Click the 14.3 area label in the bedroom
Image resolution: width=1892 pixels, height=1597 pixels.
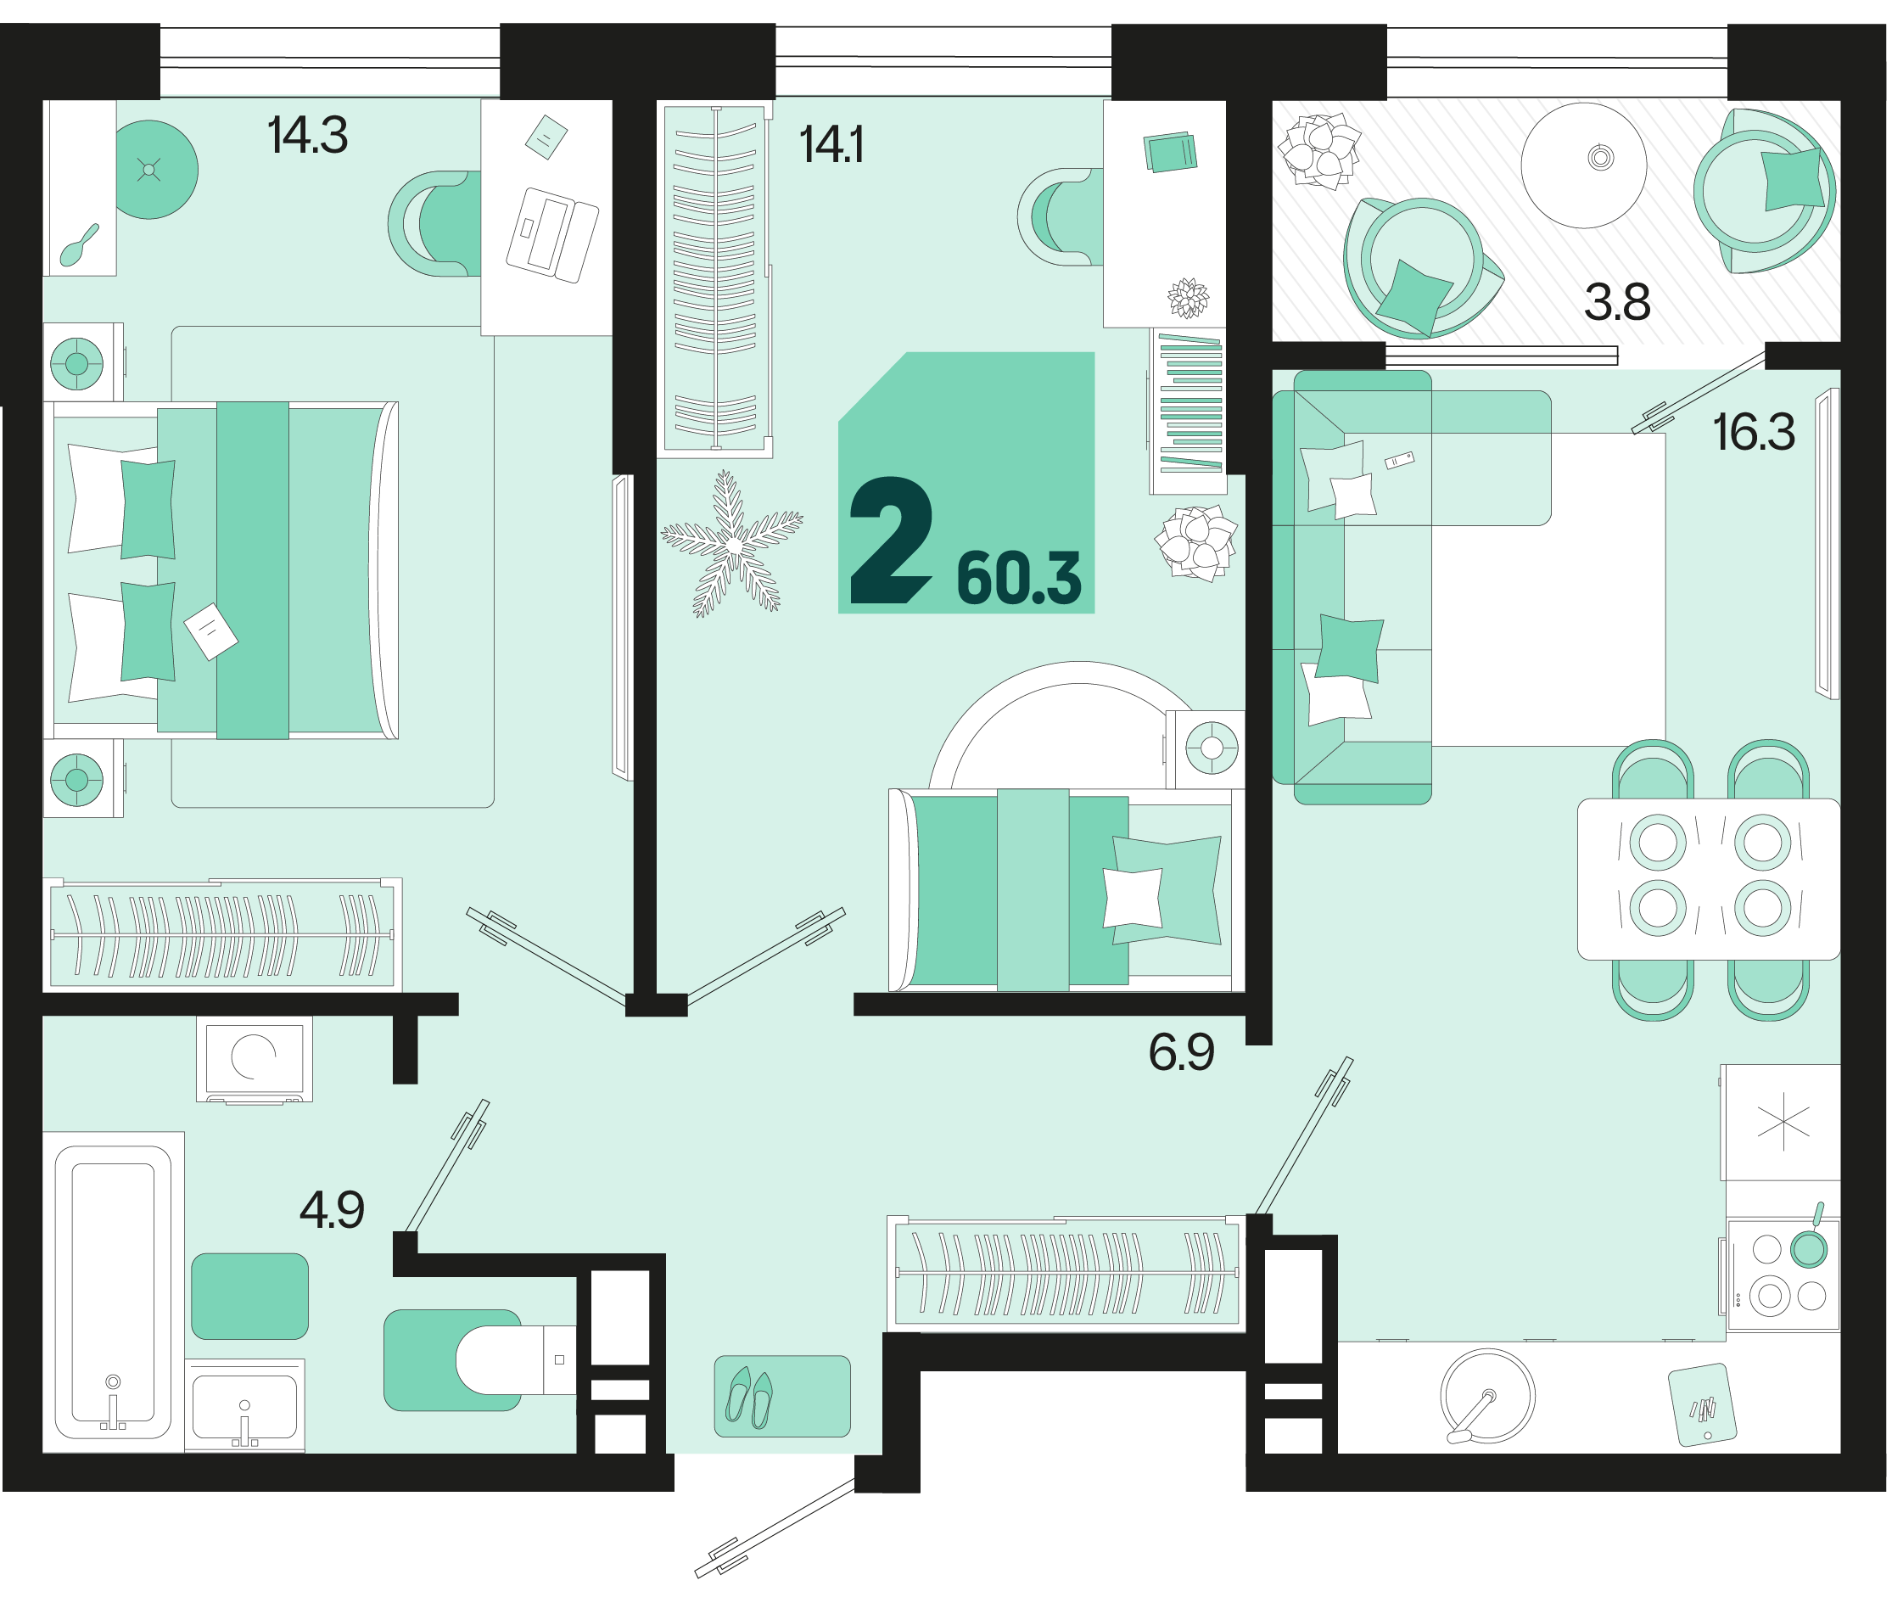307,136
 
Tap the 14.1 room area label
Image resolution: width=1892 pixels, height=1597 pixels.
831,145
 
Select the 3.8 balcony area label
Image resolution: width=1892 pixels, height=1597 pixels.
1617,302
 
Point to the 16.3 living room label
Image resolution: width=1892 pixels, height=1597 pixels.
1754,433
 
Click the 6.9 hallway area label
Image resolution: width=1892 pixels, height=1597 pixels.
1181,1053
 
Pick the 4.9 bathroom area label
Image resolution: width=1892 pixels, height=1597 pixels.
332,1210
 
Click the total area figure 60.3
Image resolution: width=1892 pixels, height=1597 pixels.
1018,579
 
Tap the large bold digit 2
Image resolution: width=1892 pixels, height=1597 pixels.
891,541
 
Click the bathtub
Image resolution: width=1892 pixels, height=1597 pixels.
113,1292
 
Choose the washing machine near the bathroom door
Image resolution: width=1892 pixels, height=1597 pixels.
255,1058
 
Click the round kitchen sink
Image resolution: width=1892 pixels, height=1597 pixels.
1486,1396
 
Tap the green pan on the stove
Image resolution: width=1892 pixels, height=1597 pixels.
1809,1246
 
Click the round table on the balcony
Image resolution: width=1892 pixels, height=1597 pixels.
1583,165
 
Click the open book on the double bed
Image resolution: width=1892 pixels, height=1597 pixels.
211,631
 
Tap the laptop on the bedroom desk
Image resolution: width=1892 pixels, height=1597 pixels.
552,235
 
